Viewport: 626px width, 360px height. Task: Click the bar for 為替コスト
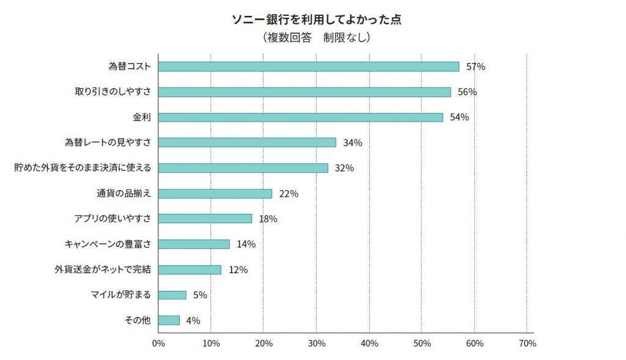click(309, 67)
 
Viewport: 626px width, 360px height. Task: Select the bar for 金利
click(301, 117)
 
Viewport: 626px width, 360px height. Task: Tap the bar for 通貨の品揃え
click(215, 194)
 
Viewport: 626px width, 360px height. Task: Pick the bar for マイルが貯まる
click(172, 295)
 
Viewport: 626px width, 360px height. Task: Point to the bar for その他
click(169, 320)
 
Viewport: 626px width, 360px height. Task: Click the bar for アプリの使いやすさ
click(205, 219)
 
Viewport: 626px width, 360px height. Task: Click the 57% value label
click(476, 67)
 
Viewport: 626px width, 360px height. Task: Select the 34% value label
click(353, 143)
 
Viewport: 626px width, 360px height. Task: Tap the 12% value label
click(238, 270)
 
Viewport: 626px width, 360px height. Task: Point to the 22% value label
click(289, 194)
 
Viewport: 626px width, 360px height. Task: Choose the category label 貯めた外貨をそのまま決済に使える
click(83, 168)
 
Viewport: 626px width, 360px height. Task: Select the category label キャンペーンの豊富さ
click(108, 244)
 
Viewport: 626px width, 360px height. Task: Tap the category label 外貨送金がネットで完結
click(103, 270)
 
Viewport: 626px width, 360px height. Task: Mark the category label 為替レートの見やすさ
click(108, 143)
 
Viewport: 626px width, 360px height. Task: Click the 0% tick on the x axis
click(158, 343)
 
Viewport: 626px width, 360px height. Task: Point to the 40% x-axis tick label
click(369, 343)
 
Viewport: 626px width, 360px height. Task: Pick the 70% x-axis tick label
click(527, 343)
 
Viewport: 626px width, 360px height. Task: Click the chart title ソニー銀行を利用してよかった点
click(316, 20)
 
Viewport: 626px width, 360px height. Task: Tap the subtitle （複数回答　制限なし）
click(316, 38)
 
